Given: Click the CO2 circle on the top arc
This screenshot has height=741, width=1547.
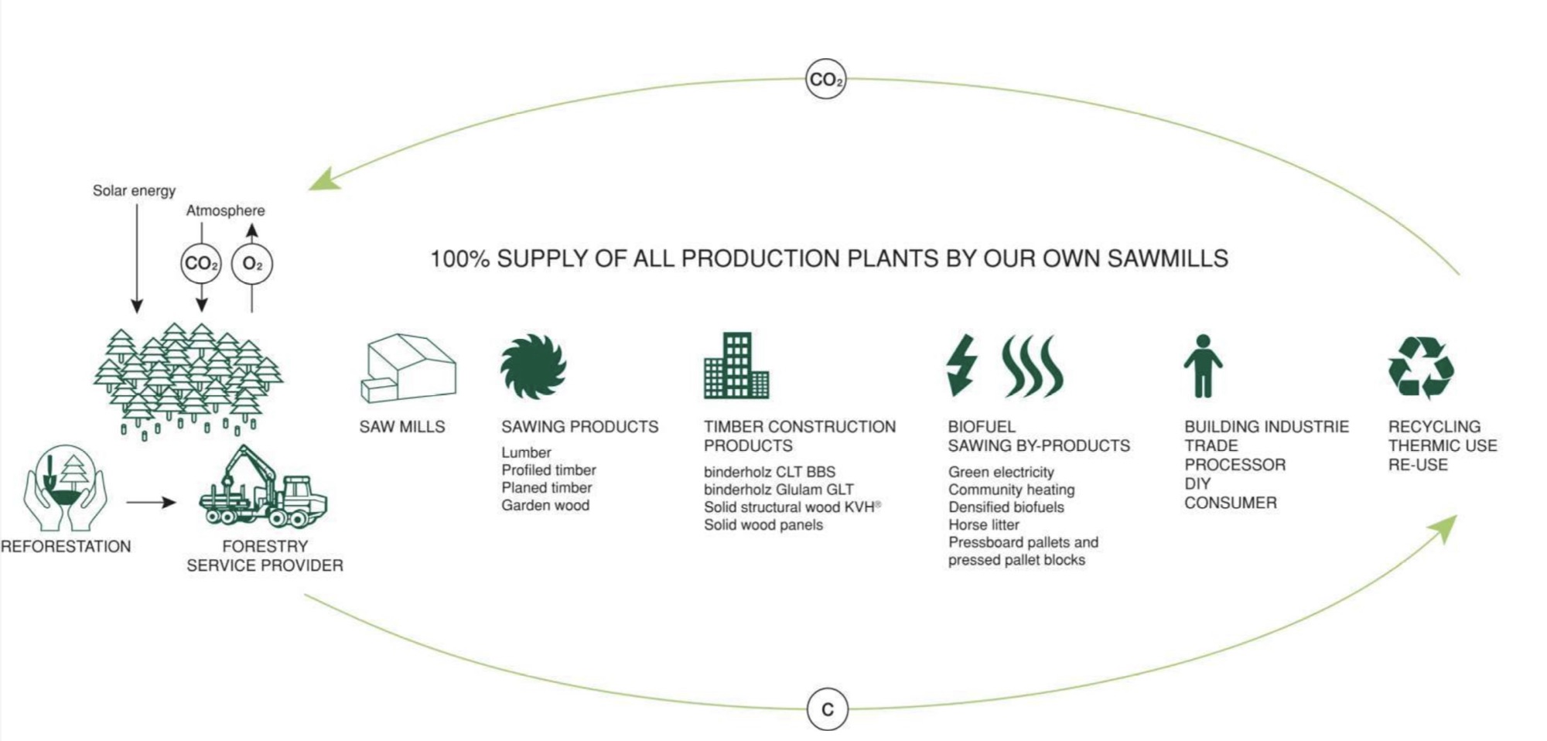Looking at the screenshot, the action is coord(826,80).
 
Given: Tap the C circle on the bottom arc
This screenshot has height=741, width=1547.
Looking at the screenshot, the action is coord(827,709).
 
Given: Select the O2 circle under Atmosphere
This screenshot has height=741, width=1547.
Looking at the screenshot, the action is coord(252,264).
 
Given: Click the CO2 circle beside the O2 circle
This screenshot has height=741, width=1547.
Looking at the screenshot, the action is coord(201,264).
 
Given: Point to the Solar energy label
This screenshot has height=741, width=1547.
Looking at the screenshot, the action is coord(134,190).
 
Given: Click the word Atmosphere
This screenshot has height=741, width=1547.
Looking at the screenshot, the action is coord(225,210).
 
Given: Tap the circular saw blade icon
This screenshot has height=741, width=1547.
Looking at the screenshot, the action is coord(534,367).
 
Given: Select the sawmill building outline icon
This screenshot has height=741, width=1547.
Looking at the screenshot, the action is coord(408,368).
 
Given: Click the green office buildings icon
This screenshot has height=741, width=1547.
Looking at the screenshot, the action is coord(736,366).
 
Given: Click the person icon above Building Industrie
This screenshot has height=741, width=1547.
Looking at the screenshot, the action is coord(1203,366).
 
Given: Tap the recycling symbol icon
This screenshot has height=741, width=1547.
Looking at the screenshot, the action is coord(1422,367).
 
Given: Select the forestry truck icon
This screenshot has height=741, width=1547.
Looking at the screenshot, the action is coord(264,487).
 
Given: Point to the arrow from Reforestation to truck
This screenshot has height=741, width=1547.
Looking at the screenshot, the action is coord(152,503).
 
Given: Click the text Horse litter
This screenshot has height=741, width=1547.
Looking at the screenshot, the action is coord(984,525).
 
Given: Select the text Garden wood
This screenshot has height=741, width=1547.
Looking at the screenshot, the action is coord(545,506).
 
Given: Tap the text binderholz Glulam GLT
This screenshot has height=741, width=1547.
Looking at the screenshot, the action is coord(779,490).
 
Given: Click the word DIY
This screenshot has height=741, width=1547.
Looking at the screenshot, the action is coord(1197,483).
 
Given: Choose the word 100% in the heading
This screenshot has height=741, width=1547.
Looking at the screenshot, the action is coord(459,258).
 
